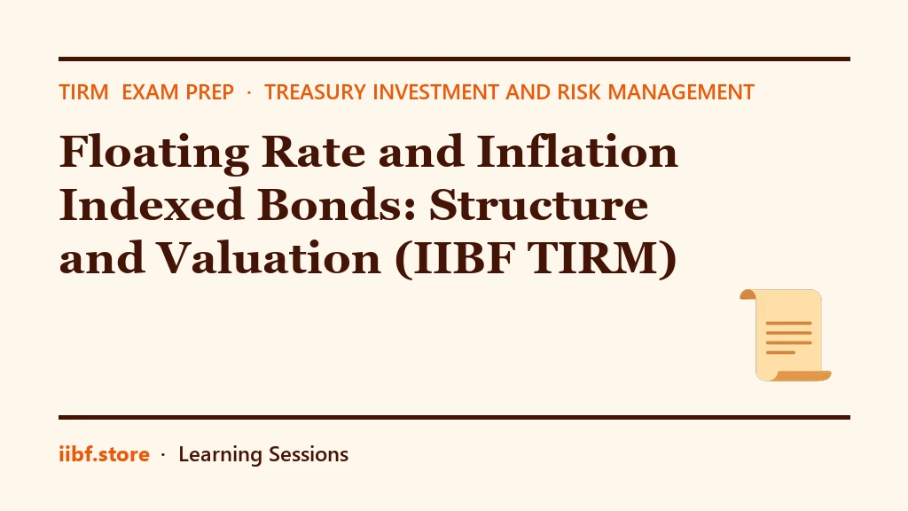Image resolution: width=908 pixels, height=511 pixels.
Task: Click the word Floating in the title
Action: click(x=154, y=153)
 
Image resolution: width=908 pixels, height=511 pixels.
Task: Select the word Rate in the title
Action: click(x=313, y=152)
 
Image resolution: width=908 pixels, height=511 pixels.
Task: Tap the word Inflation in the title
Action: click(x=576, y=151)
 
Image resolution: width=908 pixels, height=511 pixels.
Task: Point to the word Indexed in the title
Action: click(x=151, y=204)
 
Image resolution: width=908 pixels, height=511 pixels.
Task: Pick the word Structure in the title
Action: click(x=538, y=205)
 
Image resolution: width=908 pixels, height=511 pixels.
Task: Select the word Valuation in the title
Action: click(x=270, y=258)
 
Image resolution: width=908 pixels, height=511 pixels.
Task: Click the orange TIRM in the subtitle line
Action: click(x=84, y=92)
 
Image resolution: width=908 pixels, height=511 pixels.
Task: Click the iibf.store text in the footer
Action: click(x=105, y=454)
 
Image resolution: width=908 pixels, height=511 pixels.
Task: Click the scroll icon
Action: click(x=786, y=334)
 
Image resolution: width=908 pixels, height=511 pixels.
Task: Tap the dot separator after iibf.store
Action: click(x=163, y=455)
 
